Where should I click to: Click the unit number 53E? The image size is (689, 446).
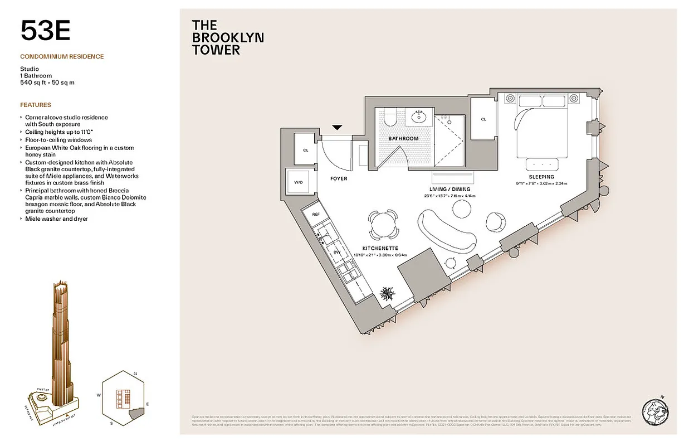point(45,31)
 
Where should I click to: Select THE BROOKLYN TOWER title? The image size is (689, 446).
point(227,37)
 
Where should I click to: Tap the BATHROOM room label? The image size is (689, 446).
point(403,138)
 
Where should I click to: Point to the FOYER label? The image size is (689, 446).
point(338,178)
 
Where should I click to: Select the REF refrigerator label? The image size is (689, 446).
point(315,214)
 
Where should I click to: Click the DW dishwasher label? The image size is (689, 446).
point(336,251)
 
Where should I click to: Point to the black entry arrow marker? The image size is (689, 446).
point(337,128)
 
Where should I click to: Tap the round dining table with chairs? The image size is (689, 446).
point(383,225)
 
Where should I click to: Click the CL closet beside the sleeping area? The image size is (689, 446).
point(483,119)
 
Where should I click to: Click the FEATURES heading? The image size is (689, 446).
point(36,105)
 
